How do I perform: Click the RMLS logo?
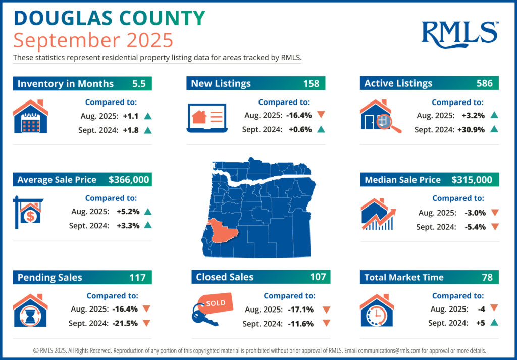pos(459,33)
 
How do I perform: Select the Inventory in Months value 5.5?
pos(138,83)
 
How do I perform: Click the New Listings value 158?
pos(311,83)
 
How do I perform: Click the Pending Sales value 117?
pos(137,277)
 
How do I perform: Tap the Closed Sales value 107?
pos(318,277)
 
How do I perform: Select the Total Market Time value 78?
pos(487,277)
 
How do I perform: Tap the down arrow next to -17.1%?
pos(326,310)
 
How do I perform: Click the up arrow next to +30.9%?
pos(494,130)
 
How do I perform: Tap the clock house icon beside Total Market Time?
pos(376,311)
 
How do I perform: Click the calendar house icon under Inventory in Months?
pos(30,118)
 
